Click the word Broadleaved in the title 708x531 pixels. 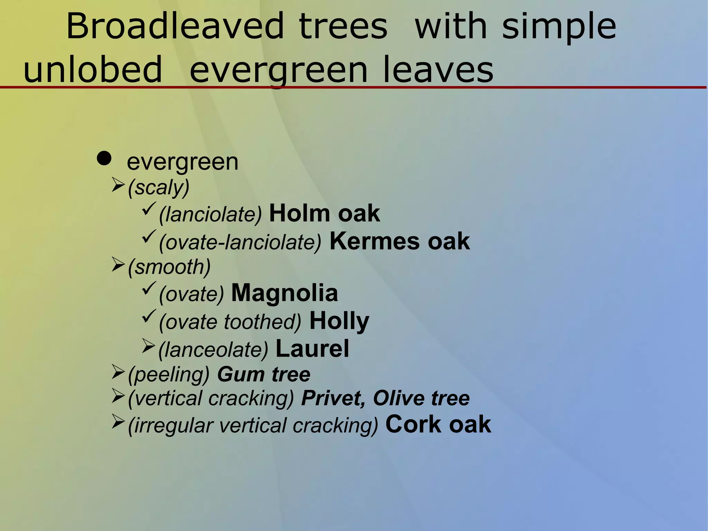(175, 26)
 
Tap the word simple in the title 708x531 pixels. (559, 26)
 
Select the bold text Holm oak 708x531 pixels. (324, 213)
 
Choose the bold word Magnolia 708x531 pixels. (284, 293)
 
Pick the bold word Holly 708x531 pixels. (339, 321)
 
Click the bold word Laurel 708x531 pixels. (312, 348)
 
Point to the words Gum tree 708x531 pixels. (263, 374)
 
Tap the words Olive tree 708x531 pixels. (421, 398)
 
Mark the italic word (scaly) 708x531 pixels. (159, 187)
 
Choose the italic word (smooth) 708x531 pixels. (169, 267)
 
